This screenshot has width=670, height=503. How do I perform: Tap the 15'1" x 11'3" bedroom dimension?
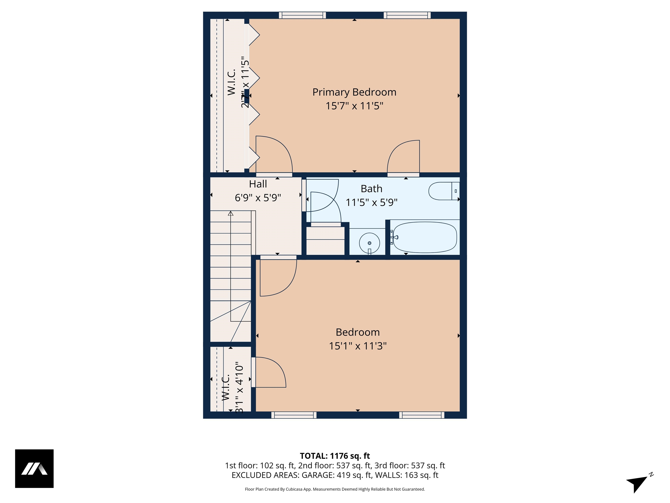(358, 346)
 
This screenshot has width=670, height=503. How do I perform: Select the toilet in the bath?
(444, 191)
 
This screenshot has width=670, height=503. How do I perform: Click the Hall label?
(258, 184)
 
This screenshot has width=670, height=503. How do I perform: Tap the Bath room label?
(371, 189)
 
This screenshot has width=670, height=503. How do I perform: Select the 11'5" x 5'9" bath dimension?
(371, 202)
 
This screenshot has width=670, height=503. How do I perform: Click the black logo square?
(34, 469)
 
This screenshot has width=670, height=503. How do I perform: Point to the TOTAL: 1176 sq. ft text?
(335, 456)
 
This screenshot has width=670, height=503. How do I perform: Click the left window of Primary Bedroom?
(302, 15)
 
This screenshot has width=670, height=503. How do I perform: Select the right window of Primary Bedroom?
(407, 15)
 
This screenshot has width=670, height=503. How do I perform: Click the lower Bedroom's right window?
(422, 415)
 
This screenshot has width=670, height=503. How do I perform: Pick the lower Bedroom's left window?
(294, 415)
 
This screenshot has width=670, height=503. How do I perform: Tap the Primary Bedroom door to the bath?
(403, 158)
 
